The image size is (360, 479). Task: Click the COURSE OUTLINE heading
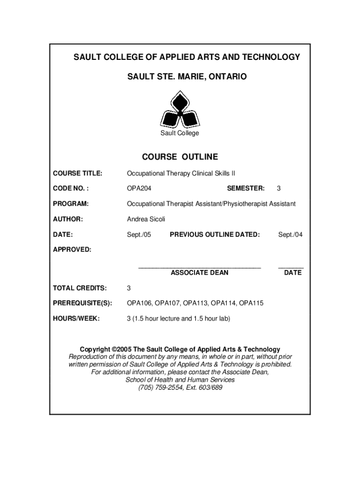(180, 157)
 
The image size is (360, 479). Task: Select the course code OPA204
(139, 189)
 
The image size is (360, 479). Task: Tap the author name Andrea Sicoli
(146, 219)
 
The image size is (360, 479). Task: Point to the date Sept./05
(139, 234)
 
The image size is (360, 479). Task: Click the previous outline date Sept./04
(290, 234)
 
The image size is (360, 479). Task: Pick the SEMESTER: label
(245, 189)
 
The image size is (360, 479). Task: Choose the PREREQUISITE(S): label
(82, 303)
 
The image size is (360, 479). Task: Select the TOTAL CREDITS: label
(79, 288)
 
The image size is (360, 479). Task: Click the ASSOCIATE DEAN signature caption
(200, 273)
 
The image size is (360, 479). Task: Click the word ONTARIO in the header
(224, 76)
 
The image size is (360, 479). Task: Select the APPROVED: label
(72, 249)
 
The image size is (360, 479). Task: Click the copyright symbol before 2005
(115, 349)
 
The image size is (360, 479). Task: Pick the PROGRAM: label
(71, 204)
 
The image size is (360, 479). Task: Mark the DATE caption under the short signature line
(293, 273)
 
